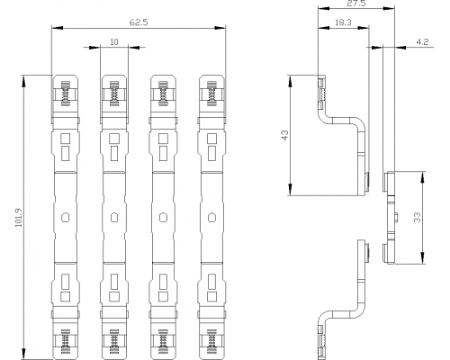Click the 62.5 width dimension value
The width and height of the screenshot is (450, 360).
pyautogui.click(x=139, y=22)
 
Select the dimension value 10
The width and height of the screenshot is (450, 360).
pyautogui.click(x=114, y=42)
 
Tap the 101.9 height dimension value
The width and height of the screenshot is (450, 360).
pyautogui.click(x=19, y=218)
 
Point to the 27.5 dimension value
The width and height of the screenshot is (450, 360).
pyautogui.click(x=356, y=4)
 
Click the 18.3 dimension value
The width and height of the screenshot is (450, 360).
pyautogui.click(x=343, y=22)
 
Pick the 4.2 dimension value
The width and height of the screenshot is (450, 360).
pyautogui.click(x=422, y=42)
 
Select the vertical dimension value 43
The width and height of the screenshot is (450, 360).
pyautogui.click(x=285, y=135)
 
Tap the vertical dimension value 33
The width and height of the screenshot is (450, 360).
pyautogui.click(x=417, y=218)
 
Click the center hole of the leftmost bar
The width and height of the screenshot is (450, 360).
pyautogui.click(x=65, y=217)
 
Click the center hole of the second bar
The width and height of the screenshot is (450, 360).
pyautogui.click(x=114, y=217)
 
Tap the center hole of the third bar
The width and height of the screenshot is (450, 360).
pyautogui.click(x=163, y=217)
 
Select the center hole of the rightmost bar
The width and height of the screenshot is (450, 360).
pyautogui.click(x=211, y=217)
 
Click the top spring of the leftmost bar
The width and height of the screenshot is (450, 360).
pyautogui.click(x=65, y=94)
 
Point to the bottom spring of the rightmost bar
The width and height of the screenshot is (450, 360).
pyautogui.click(x=211, y=341)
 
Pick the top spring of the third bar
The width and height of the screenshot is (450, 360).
pyautogui.click(x=163, y=94)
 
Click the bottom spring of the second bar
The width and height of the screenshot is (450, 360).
pyautogui.click(x=114, y=341)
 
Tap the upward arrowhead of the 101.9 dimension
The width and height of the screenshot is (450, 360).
pyautogui.click(x=23, y=80)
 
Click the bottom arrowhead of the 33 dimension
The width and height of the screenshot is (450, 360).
pyautogui.click(x=422, y=258)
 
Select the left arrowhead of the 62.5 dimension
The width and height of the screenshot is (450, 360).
pyautogui.click(x=57, y=28)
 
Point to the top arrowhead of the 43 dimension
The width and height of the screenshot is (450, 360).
pyautogui.click(x=290, y=80)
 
